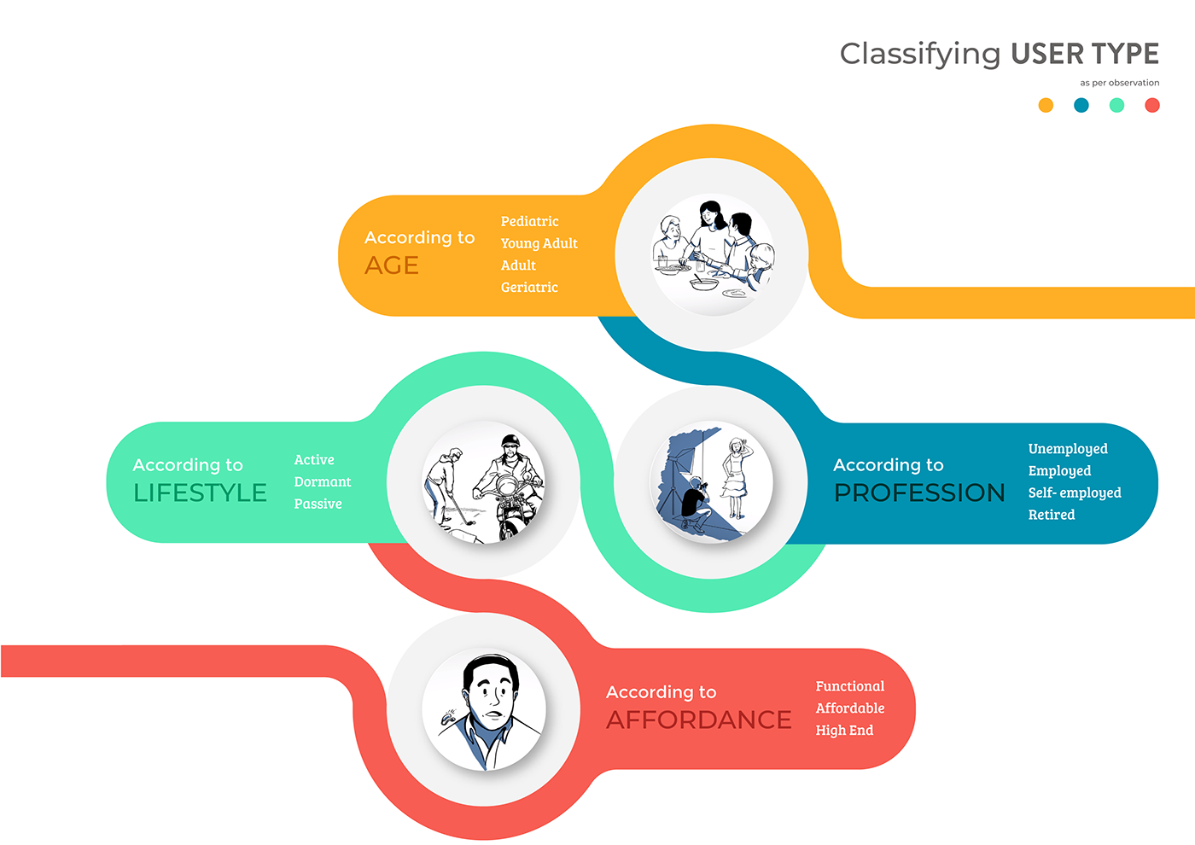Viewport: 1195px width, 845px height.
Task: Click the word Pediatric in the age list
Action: point(529,221)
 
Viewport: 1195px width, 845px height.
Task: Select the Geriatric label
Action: point(529,287)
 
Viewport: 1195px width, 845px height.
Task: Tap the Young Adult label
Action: point(539,243)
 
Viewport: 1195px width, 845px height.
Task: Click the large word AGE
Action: point(392,265)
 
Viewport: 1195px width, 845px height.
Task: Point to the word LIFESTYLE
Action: point(200,492)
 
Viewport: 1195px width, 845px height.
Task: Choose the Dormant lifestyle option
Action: point(323,481)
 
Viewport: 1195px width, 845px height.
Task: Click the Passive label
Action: point(318,504)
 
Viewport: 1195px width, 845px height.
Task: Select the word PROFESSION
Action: point(919,492)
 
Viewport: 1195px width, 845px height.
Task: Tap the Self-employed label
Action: point(1075,492)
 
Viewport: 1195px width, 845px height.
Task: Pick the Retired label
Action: point(1052,515)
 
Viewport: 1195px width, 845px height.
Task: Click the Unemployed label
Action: point(1068,449)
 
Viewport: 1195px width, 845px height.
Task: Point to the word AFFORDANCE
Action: point(699,720)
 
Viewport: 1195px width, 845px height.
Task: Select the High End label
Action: point(844,731)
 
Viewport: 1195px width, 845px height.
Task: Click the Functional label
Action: point(850,686)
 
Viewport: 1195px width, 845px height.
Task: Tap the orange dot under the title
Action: point(1046,105)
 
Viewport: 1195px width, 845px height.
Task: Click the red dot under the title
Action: point(1152,105)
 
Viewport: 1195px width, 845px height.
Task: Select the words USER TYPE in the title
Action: point(1085,53)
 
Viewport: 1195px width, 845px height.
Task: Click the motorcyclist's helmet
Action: point(510,440)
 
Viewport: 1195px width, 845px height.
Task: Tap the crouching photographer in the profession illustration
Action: point(695,504)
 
